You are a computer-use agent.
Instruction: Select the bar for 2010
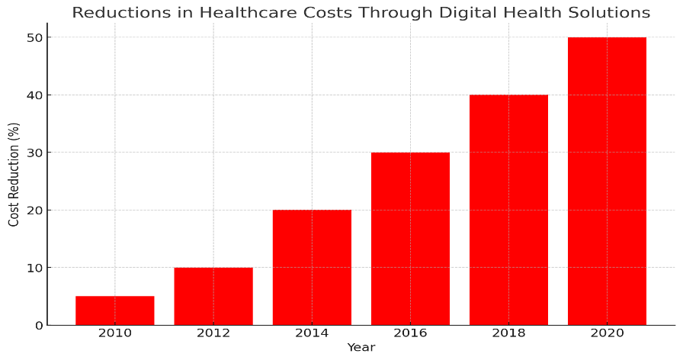(x=115, y=310)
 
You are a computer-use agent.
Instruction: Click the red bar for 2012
(x=213, y=297)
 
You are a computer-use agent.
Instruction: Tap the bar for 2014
(x=312, y=268)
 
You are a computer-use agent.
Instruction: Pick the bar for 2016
(x=410, y=239)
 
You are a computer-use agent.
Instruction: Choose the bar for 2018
(x=508, y=210)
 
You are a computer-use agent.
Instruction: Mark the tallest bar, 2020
(x=608, y=182)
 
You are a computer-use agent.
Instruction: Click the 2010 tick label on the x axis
(x=115, y=333)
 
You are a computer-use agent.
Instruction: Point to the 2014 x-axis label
(x=312, y=333)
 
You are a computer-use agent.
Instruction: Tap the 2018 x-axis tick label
(x=508, y=333)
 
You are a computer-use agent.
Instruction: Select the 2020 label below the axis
(x=608, y=333)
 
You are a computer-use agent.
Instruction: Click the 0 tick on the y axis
(x=39, y=326)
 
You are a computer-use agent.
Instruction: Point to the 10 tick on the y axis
(x=35, y=268)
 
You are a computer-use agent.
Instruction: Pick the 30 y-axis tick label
(x=35, y=153)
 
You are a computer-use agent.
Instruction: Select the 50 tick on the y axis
(x=35, y=38)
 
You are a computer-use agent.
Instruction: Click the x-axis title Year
(x=361, y=347)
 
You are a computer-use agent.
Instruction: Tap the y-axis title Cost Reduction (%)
(x=14, y=175)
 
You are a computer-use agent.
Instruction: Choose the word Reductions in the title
(x=121, y=12)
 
